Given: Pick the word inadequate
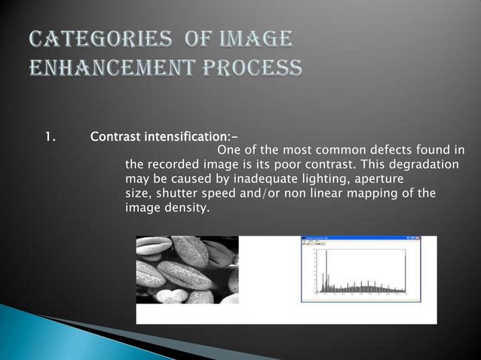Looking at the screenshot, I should point(268,179).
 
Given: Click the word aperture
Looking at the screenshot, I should point(382,179).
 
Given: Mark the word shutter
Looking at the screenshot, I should point(175,194).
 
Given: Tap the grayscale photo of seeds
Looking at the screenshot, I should point(187,270).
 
